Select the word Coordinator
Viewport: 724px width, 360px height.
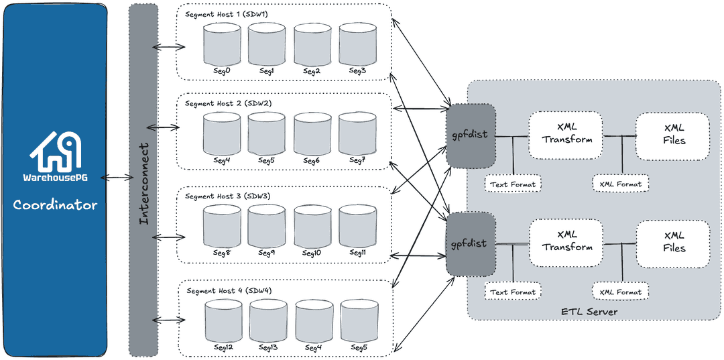(x=55, y=204)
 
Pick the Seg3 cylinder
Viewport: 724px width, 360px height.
(x=358, y=44)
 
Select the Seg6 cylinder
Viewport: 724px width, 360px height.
(x=312, y=134)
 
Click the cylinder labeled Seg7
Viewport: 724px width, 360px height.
(x=358, y=134)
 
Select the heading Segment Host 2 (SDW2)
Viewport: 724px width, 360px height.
(x=228, y=104)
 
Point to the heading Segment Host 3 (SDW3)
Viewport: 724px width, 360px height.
(x=228, y=196)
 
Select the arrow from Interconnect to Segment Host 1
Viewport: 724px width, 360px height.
(x=169, y=48)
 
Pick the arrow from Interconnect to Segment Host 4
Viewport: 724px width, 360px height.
(x=169, y=320)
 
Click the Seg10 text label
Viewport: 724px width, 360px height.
(x=312, y=253)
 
